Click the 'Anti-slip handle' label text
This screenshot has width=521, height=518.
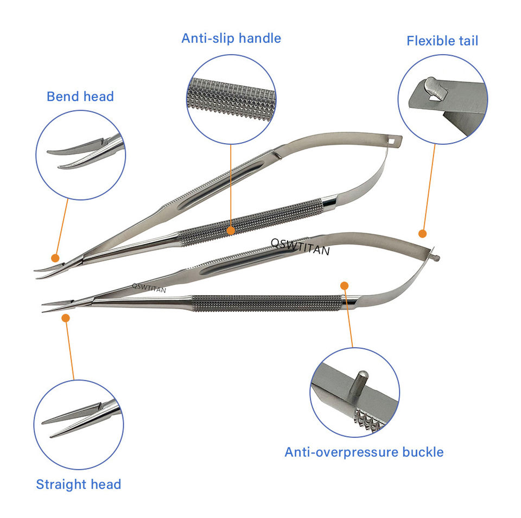[x=231, y=39]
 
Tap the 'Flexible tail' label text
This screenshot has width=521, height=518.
[x=442, y=41]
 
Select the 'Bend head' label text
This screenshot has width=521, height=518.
[x=80, y=97]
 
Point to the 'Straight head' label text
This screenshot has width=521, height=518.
[x=78, y=484]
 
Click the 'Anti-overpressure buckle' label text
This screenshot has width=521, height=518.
[x=364, y=452]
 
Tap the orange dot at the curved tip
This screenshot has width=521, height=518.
[x=55, y=258]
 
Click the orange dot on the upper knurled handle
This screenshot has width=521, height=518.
[x=231, y=231]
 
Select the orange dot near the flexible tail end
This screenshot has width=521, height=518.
[x=422, y=233]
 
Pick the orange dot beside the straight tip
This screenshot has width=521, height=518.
[x=65, y=318]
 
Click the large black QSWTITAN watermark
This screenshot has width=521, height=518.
[x=300, y=245]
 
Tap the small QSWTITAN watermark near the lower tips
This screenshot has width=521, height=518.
[x=149, y=287]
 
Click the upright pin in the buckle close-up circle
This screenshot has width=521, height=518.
[x=361, y=385]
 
